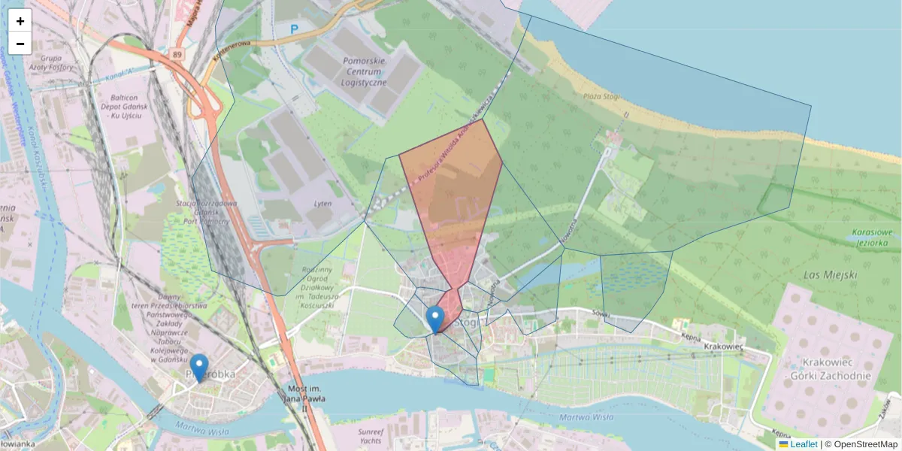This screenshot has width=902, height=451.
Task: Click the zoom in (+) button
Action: coord(20,21)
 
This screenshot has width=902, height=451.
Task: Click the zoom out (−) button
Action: coord(20,44)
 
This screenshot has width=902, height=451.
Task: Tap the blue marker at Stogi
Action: coord(435,319)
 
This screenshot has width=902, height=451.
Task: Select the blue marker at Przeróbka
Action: coord(199,368)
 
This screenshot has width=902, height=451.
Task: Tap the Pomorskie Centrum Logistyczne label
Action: coord(364,71)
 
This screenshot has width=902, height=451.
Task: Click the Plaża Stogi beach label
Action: coord(607,97)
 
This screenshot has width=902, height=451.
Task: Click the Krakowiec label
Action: coord(725,347)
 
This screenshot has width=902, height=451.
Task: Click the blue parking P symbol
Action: coord(295,29)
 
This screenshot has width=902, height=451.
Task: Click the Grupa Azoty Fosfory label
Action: coord(57,62)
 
